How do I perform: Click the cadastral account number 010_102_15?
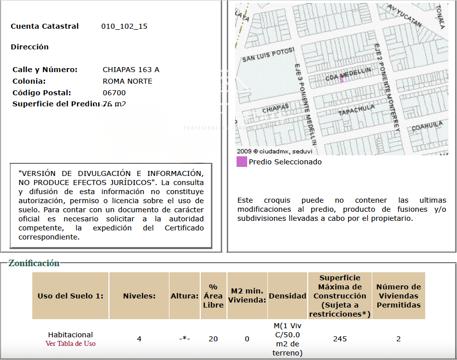pyautogui.click(x=124, y=26)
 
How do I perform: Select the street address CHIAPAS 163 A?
pyautogui.click(x=131, y=70)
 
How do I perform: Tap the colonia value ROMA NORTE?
pyautogui.click(x=127, y=81)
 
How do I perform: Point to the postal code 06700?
pyautogui.click(x=114, y=93)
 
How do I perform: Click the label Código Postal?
pyautogui.click(x=42, y=93)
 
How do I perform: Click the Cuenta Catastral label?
pyautogui.click(x=45, y=26)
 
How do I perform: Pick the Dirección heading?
pyautogui.click(x=30, y=47)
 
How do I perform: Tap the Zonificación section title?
pyautogui.click(x=34, y=263)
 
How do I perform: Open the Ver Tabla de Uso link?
pyautogui.click(x=70, y=343)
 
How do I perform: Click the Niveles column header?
pyautogui.click(x=139, y=296)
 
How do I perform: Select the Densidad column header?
pyautogui.click(x=288, y=296)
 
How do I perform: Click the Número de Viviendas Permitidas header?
pyautogui.click(x=398, y=296)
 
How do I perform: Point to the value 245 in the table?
pyautogui.click(x=340, y=339)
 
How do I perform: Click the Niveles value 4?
pyautogui.click(x=139, y=339)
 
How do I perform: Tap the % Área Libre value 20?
pyautogui.click(x=213, y=339)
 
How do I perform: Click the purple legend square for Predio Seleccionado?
pyautogui.click(x=242, y=162)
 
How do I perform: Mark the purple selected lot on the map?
pyautogui.click(x=341, y=79)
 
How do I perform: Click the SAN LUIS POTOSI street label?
pyautogui.click(x=268, y=55)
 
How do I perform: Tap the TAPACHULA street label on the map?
pyautogui.click(x=357, y=110)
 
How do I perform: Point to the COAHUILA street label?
pyautogui.click(x=427, y=126)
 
